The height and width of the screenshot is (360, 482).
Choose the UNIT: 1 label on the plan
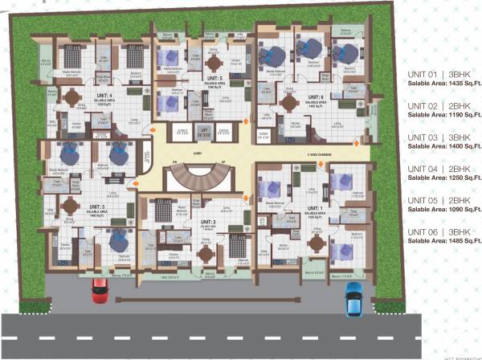click(316, 207)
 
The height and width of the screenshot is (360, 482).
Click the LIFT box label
click(205, 129)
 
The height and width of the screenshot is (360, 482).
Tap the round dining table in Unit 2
click(207, 250)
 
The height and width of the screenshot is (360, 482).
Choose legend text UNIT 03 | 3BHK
click(431, 137)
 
